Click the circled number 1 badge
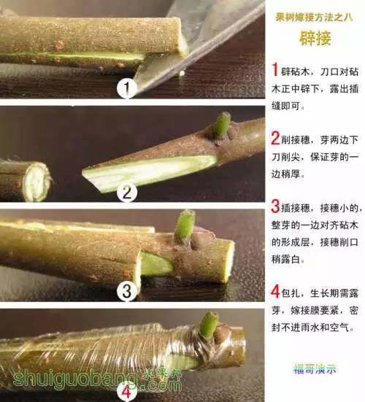coord(128,90)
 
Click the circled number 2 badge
coord(128,193)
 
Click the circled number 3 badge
coord(128,292)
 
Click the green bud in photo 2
coord(222,125)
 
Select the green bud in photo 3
coord(185,225)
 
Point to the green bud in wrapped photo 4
coord(210,324)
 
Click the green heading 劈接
coord(315,39)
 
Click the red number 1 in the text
coord(274,70)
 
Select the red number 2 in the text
coord(274,137)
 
